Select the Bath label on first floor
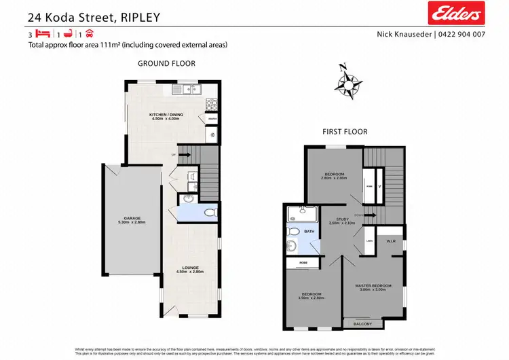[x=309, y=232]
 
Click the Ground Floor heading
[x=166, y=63]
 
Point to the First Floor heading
[x=346, y=131]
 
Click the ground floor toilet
[x=209, y=213]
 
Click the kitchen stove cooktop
[x=211, y=105]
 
